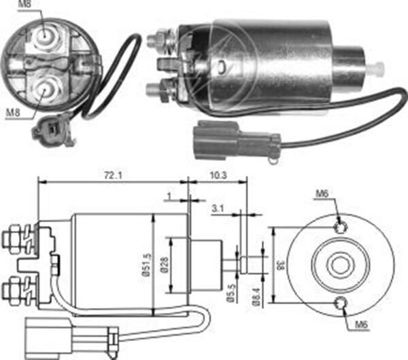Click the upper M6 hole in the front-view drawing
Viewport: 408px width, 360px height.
point(340,227)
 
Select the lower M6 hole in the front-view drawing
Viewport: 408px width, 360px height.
point(340,304)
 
